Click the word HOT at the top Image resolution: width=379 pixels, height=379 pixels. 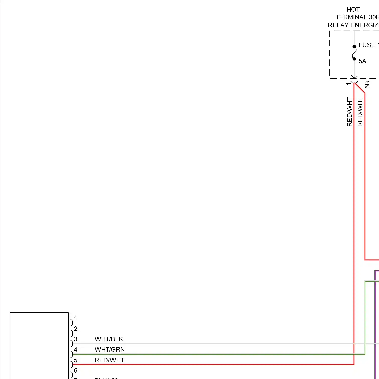tap(353, 10)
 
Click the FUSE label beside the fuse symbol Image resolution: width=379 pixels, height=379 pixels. tap(367, 45)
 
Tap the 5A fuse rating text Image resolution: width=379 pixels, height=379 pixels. tap(362, 61)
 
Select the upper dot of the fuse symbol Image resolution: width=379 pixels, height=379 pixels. tap(354, 47)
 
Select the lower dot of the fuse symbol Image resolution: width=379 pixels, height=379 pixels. tap(354, 59)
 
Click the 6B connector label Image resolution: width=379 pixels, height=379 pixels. tap(367, 85)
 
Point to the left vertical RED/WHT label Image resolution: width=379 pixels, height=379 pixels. tap(349, 112)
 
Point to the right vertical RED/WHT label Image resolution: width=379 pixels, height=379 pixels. tap(360, 112)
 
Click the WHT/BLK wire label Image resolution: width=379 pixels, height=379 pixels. tap(109, 339)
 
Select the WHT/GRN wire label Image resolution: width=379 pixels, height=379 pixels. tap(109, 349)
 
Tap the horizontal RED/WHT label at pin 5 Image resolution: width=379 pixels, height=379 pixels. tap(109, 360)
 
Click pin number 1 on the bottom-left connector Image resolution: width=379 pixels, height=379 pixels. tap(75, 319)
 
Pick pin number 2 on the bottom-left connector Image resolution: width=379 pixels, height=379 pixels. tap(75, 329)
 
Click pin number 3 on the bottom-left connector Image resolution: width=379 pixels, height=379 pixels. tap(75, 339)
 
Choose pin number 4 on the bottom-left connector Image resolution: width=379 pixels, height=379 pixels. tap(75, 350)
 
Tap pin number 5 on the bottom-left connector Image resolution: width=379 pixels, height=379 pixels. tap(75, 360)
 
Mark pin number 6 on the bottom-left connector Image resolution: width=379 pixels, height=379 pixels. tap(75, 370)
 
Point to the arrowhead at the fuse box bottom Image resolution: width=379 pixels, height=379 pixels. tap(354, 77)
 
